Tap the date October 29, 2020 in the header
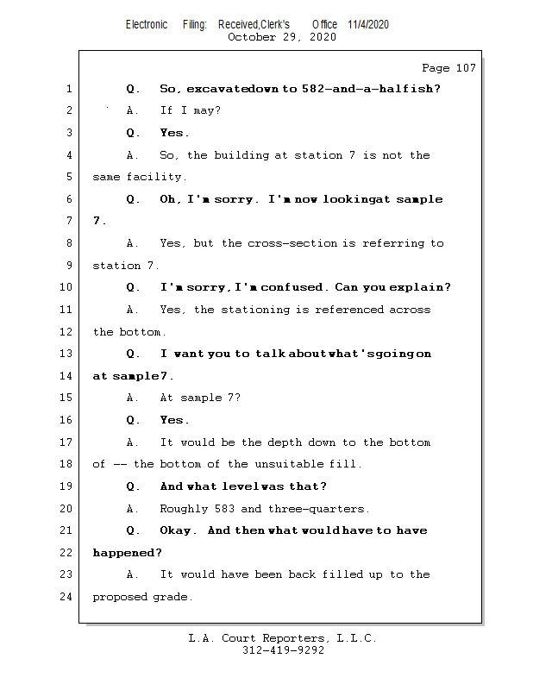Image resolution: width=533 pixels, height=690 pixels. [x=282, y=37]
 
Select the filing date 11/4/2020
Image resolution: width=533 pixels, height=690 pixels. [x=368, y=24]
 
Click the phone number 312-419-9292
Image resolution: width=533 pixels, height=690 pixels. [x=283, y=650]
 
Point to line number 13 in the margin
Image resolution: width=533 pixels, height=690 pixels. [x=68, y=354]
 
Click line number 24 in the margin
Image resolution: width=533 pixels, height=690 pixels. [x=68, y=596]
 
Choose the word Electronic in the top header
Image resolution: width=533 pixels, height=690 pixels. [x=147, y=24]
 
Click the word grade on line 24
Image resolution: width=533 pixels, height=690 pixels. [x=175, y=597]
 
